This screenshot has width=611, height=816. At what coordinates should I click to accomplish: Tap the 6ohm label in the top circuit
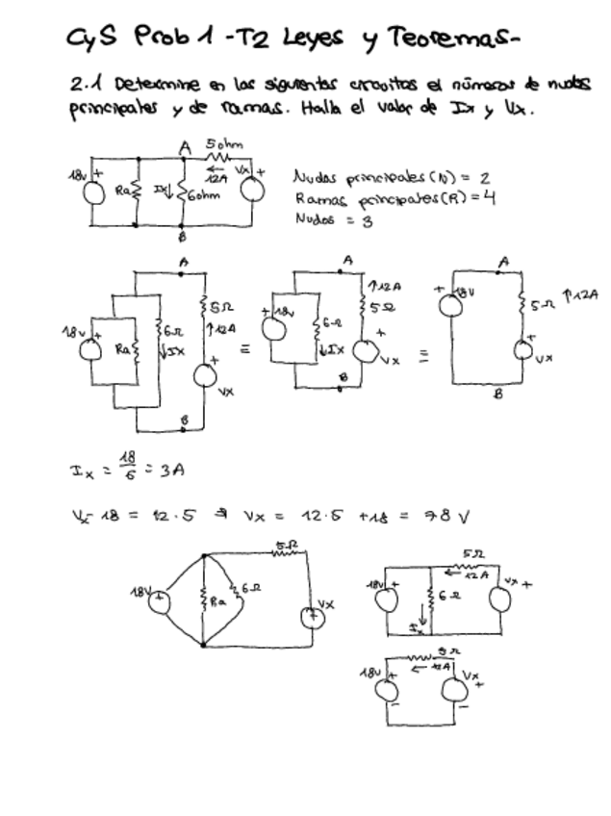(206, 193)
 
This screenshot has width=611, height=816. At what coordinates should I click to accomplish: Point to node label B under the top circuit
(182, 237)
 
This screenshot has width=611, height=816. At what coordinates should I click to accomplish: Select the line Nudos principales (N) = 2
(393, 178)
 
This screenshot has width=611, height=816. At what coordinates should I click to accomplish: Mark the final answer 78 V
(448, 517)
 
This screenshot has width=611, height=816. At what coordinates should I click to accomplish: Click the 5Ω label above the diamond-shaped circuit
(286, 548)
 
